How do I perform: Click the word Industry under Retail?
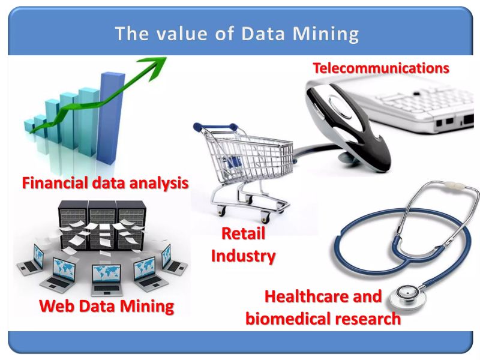click(243, 256)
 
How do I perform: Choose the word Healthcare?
click(323, 296)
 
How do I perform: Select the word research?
click(368, 318)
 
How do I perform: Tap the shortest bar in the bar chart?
click(29, 125)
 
